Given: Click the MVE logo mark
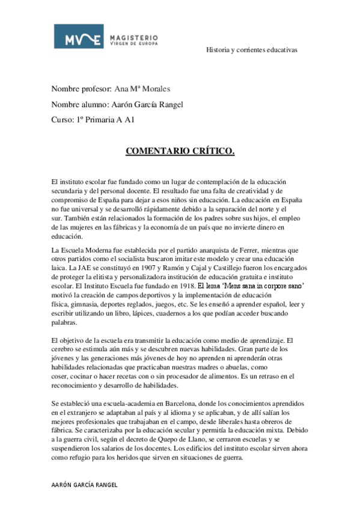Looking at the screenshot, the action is point(78,36).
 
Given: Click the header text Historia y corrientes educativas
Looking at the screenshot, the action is point(252,50).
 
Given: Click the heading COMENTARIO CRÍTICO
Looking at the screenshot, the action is point(180,150).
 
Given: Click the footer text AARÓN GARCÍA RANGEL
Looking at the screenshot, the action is point(84,484).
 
